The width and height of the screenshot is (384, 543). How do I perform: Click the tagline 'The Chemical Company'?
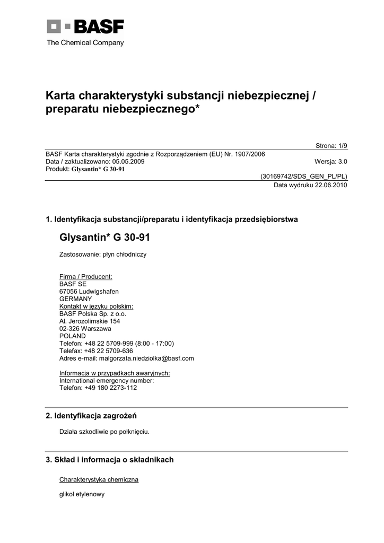coord(85,42)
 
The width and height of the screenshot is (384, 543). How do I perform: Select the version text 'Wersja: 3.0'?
coord(331,162)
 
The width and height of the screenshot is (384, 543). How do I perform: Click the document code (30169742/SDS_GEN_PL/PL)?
coord(303,177)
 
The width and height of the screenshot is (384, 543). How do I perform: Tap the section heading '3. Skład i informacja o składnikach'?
coord(110,460)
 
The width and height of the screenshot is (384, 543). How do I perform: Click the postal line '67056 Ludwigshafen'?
coord(89,291)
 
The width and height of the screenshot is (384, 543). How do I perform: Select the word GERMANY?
coord(75,299)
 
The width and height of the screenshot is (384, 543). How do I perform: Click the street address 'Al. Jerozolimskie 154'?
coord(90,321)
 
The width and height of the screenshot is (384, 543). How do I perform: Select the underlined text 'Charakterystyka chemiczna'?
coord(99,479)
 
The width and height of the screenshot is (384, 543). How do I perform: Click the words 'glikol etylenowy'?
coord(82,494)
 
